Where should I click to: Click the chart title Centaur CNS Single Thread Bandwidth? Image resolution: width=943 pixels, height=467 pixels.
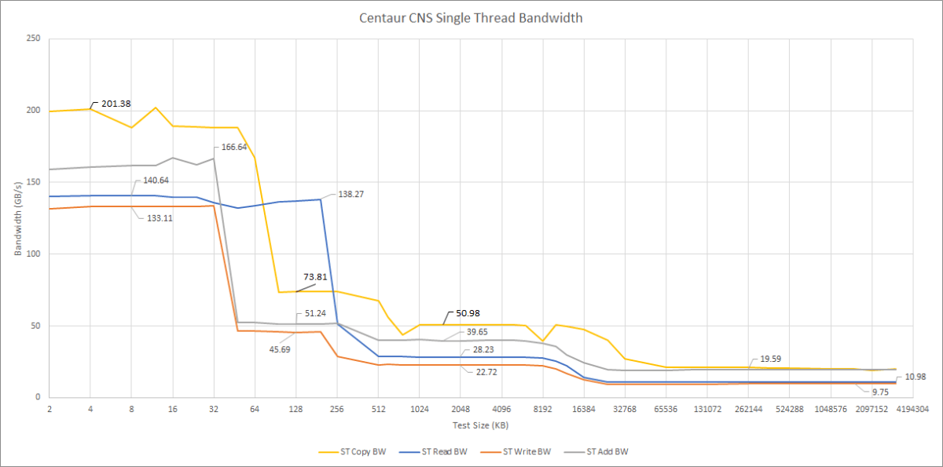coord(472,16)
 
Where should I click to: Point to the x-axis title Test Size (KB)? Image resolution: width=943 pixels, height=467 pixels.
coord(479,425)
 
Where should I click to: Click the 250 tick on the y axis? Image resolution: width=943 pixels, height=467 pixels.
coord(34,38)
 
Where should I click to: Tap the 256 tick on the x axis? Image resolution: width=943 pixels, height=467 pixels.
coord(337,409)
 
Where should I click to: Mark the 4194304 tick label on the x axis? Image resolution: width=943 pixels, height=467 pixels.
coord(913,409)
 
